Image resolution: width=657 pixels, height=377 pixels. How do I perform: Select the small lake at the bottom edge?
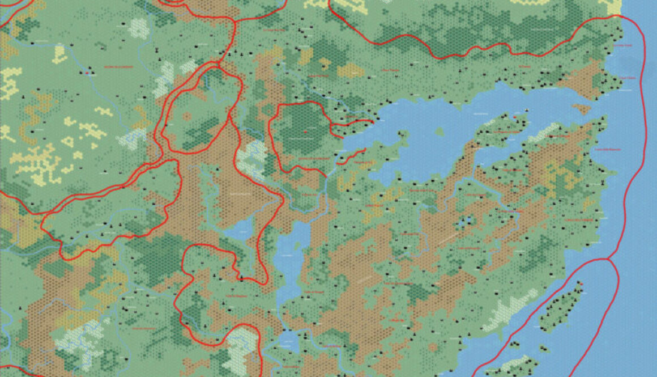[289, 343]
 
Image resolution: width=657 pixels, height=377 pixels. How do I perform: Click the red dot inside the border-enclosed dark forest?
[305, 131]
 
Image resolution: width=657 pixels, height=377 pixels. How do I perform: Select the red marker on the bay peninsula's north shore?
[514, 116]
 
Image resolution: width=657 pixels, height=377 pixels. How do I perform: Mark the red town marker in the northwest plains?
[88, 73]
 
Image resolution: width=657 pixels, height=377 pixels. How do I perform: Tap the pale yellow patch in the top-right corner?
[615, 6]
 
